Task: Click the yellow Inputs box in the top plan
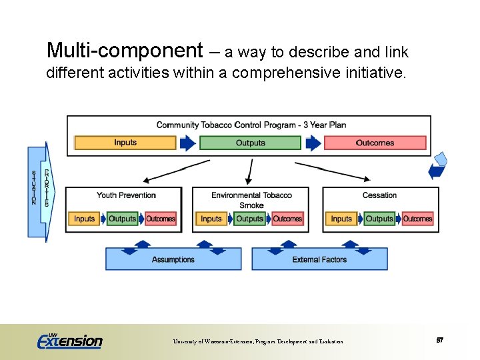125,143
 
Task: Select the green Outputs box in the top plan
250,143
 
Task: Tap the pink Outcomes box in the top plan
375,143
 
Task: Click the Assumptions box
173,259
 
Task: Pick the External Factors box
319,259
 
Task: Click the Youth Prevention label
126,195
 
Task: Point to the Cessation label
379,195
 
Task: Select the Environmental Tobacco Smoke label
251,200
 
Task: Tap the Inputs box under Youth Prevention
84,219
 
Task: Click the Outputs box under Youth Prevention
122,219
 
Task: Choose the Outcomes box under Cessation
417,219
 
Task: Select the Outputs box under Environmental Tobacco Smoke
250,219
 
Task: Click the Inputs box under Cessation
341,219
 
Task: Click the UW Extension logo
69,341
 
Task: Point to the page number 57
440,341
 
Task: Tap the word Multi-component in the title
125,50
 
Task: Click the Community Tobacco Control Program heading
251,125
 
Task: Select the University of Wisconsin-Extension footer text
258,341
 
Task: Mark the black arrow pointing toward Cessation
332,171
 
